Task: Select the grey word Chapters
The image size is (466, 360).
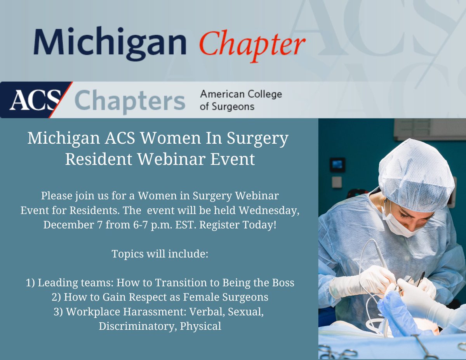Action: coord(129,101)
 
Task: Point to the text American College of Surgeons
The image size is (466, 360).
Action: coord(241,100)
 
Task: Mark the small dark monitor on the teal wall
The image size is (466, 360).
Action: coord(337,165)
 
